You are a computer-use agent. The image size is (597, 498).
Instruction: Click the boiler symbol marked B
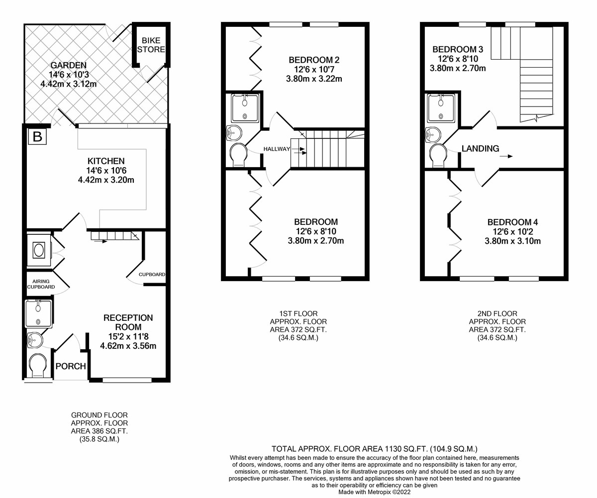[37, 137]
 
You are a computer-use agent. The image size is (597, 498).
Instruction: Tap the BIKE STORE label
[151, 45]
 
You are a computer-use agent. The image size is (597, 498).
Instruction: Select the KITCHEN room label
[106, 161]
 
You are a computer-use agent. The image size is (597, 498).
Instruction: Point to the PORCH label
[71, 366]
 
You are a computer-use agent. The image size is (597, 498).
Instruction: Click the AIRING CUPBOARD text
[41, 284]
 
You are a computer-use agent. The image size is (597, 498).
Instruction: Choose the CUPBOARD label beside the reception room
[152, 275]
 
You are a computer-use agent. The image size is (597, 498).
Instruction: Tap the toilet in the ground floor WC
[38, 366]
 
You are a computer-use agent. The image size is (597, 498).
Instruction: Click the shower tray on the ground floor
[39, 313]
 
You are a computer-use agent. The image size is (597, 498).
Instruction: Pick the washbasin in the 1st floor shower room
[234, 133]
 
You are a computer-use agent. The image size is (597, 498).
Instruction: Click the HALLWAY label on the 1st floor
[277, 149]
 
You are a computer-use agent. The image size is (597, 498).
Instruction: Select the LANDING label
[481, 148]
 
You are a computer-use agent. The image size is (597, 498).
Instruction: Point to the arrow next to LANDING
[506, 156]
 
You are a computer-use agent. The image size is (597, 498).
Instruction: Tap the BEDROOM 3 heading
[458, 49]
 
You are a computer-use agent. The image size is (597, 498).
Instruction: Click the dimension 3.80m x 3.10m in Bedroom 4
[512, 241]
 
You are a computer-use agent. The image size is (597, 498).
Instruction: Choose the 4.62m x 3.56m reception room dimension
[128, 346]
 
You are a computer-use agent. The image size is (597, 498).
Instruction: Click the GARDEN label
[68, 65]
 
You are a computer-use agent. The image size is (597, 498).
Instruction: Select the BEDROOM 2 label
[314, 60]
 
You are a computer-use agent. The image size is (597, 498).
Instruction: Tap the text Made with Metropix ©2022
[375, 492]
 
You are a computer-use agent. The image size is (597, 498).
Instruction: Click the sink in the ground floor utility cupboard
[39, 250]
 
